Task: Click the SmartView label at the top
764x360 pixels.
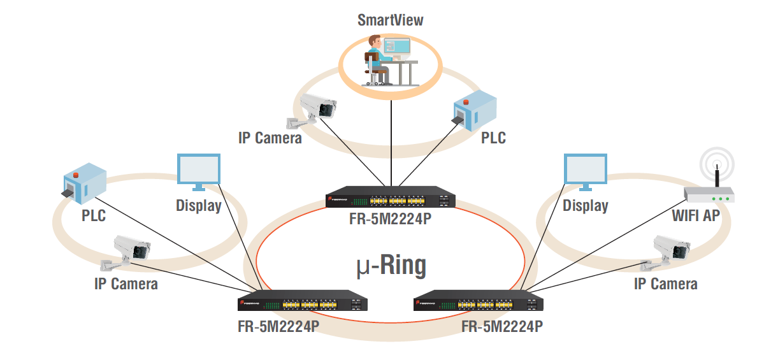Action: [x=390, y=20]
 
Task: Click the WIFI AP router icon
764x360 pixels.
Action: [x=709, y=193]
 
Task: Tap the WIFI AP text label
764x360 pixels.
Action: [x=696, y=215]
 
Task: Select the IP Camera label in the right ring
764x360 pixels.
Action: [x=665, y=284]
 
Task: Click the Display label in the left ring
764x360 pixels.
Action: [x=198, y=206]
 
